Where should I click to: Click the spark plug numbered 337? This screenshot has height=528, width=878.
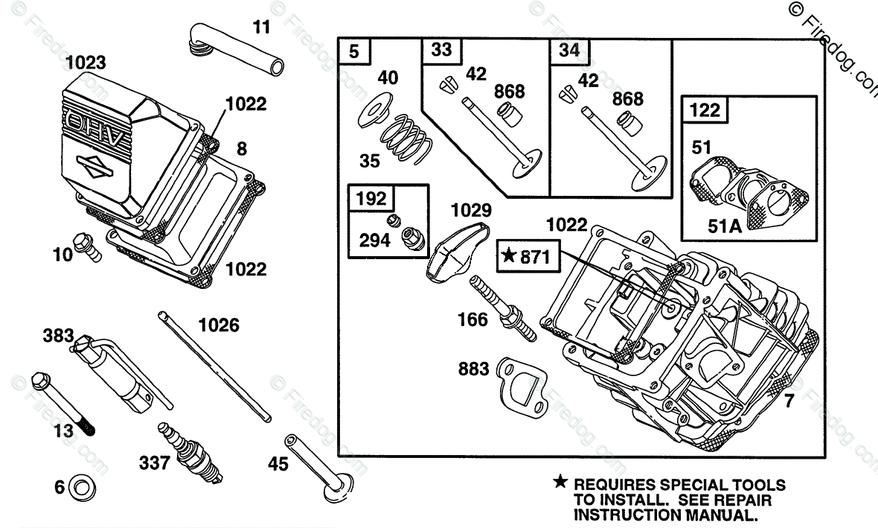(x=190, y=453)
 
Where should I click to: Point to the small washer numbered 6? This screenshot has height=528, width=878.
(x=82, y=486)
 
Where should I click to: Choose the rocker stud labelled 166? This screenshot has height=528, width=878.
(x=502, y=308)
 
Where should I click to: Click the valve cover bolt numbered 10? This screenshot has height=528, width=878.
(x=87, y=246)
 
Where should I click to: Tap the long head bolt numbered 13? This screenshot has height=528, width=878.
(x=63, y=404)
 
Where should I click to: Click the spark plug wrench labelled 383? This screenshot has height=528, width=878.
(x=120, y=373)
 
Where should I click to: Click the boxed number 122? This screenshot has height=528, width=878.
(x=705, y=110)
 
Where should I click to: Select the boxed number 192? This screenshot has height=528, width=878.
(x=371, y=198)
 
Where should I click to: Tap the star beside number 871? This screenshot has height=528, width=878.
(x=508, y=255)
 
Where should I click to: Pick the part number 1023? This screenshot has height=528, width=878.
(x=86, y=63)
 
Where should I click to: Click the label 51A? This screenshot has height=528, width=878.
(x=725, y=226)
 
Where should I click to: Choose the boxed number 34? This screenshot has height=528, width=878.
(x=569, y=51)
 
